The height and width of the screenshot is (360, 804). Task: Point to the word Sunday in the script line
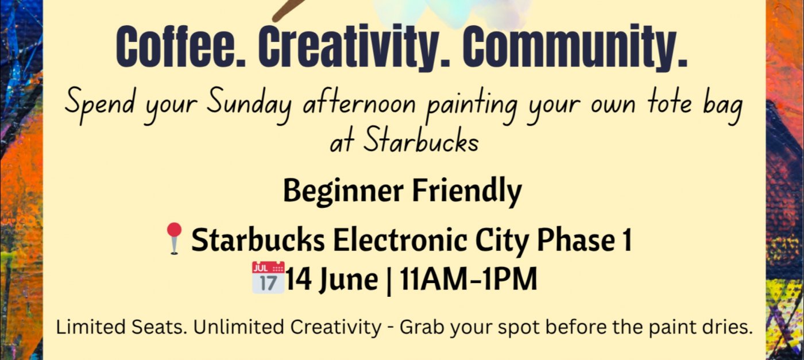point(249,105)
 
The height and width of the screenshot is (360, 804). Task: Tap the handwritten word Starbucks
point(420,141)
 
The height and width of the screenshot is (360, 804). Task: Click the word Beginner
point(343,191)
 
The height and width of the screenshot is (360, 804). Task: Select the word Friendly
point(466,191)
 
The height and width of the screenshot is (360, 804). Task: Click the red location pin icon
point(174,238)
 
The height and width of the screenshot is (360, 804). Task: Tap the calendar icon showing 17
point(268,277)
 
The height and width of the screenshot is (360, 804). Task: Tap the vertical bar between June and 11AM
point(389,280)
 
